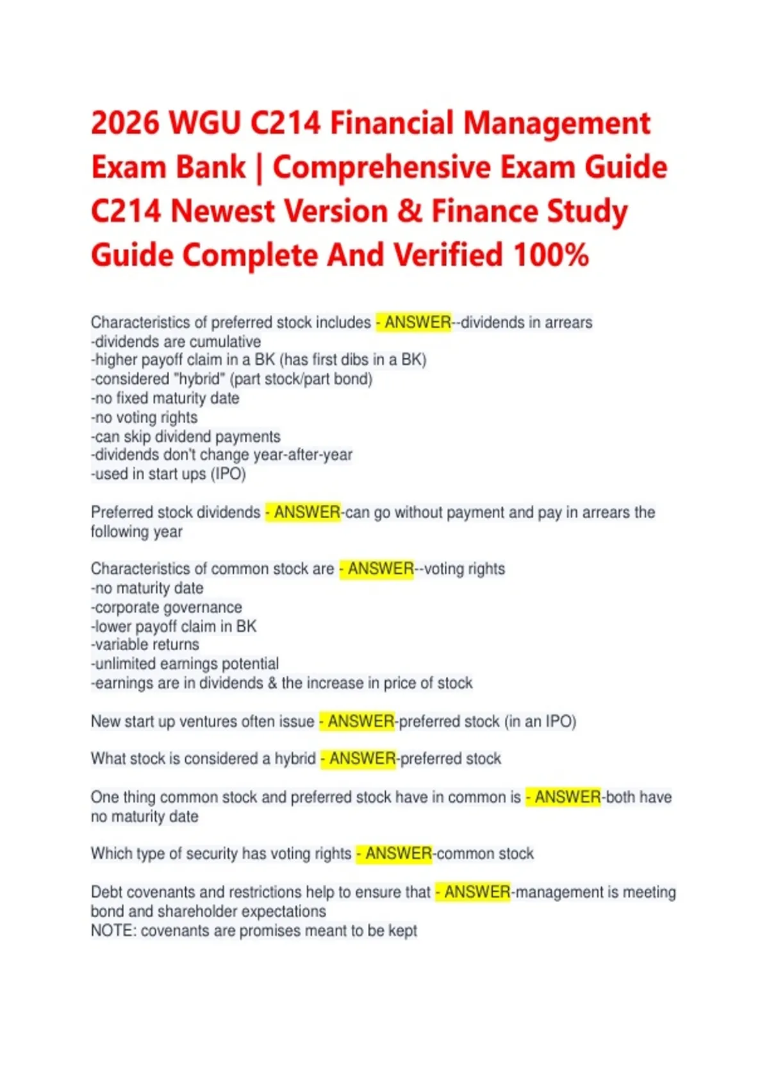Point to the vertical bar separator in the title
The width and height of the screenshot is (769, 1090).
pyautogui.click(x=259, y=168)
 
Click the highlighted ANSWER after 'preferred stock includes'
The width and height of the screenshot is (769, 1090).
pyautogui.click(x=417, y=322)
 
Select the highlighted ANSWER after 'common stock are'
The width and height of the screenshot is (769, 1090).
pyautogui.click(x=380, y=569)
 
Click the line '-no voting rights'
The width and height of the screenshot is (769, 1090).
pyautogui.click(x=144, y=417)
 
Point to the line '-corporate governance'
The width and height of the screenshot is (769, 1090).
pyautogui.click(x=167, y=607)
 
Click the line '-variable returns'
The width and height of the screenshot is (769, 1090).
pyautogui.click(x=145, y=644)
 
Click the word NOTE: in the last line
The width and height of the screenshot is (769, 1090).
pyautogui.click(x=113, y=930)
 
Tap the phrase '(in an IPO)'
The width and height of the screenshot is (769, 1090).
pyautogui.click(x=540, y=721)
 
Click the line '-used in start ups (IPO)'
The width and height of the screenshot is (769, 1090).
pyautogui.click(x=169, y=474)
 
